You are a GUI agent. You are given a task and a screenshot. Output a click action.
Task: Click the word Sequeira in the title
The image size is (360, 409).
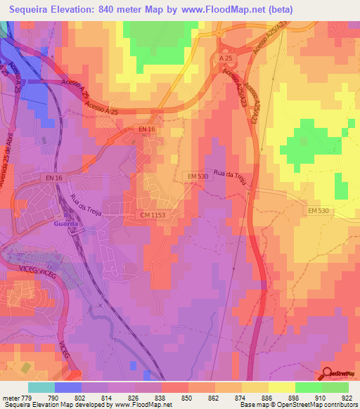click(32, 9)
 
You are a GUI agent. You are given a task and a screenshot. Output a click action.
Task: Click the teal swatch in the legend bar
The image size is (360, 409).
click(41, 387)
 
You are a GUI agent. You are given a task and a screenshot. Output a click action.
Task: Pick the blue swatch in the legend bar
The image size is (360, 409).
click(67, 387)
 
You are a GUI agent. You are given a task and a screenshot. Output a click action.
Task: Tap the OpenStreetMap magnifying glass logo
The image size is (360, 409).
click(326, 373)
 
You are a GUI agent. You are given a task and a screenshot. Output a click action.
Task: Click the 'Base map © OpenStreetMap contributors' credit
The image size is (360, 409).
click(297, 404)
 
